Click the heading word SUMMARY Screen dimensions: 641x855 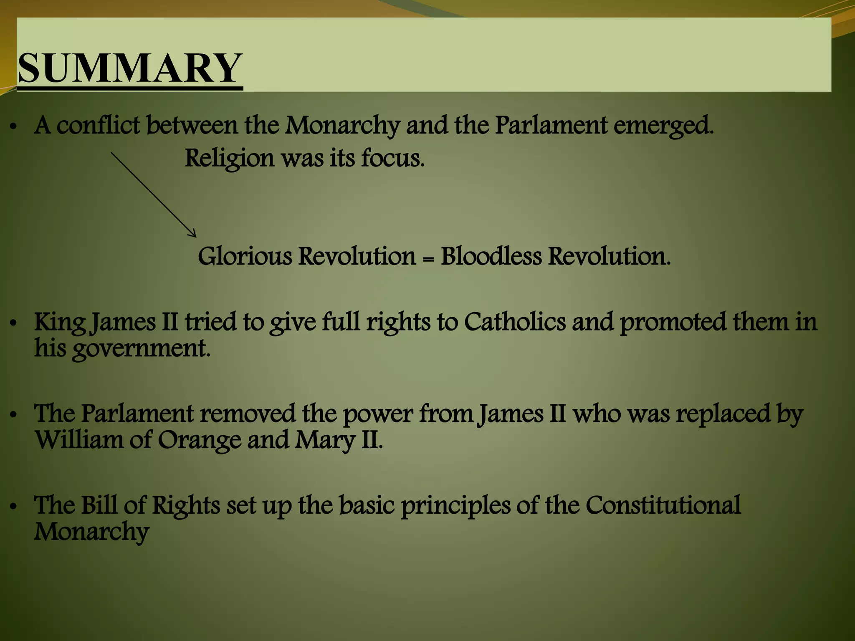130,68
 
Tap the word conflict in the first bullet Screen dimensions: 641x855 98,125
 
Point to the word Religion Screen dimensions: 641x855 229,159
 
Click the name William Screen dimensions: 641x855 79,440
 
